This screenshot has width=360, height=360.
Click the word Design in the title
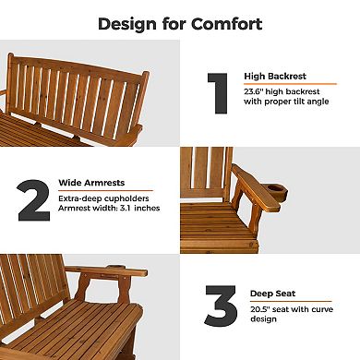coord(127,24)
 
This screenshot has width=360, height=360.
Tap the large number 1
coord(217,93)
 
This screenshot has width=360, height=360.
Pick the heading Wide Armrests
coord(93,182)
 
